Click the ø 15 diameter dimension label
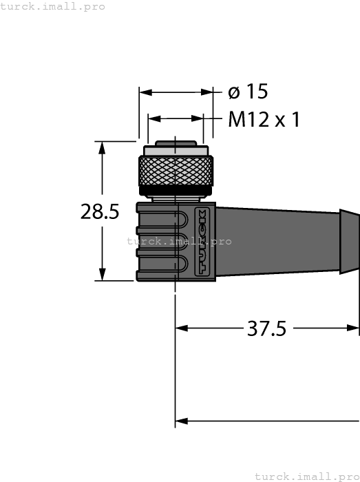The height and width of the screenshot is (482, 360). tap(248, 92)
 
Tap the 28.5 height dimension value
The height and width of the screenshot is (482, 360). tap(100, 211)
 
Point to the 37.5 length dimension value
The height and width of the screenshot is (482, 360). tap(266, 328)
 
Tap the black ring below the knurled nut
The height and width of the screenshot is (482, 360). tap(176, 189)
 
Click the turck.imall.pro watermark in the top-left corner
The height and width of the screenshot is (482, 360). tap(53, 6)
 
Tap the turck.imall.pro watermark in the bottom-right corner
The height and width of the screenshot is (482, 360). tap(307, 476)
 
